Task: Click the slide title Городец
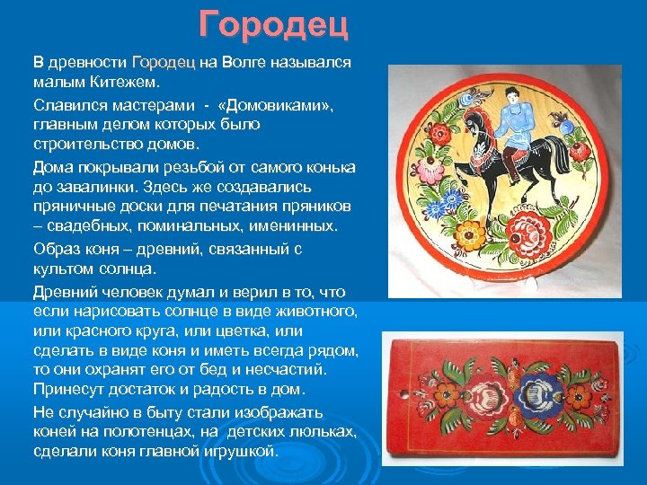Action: click(x=273, y=25)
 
